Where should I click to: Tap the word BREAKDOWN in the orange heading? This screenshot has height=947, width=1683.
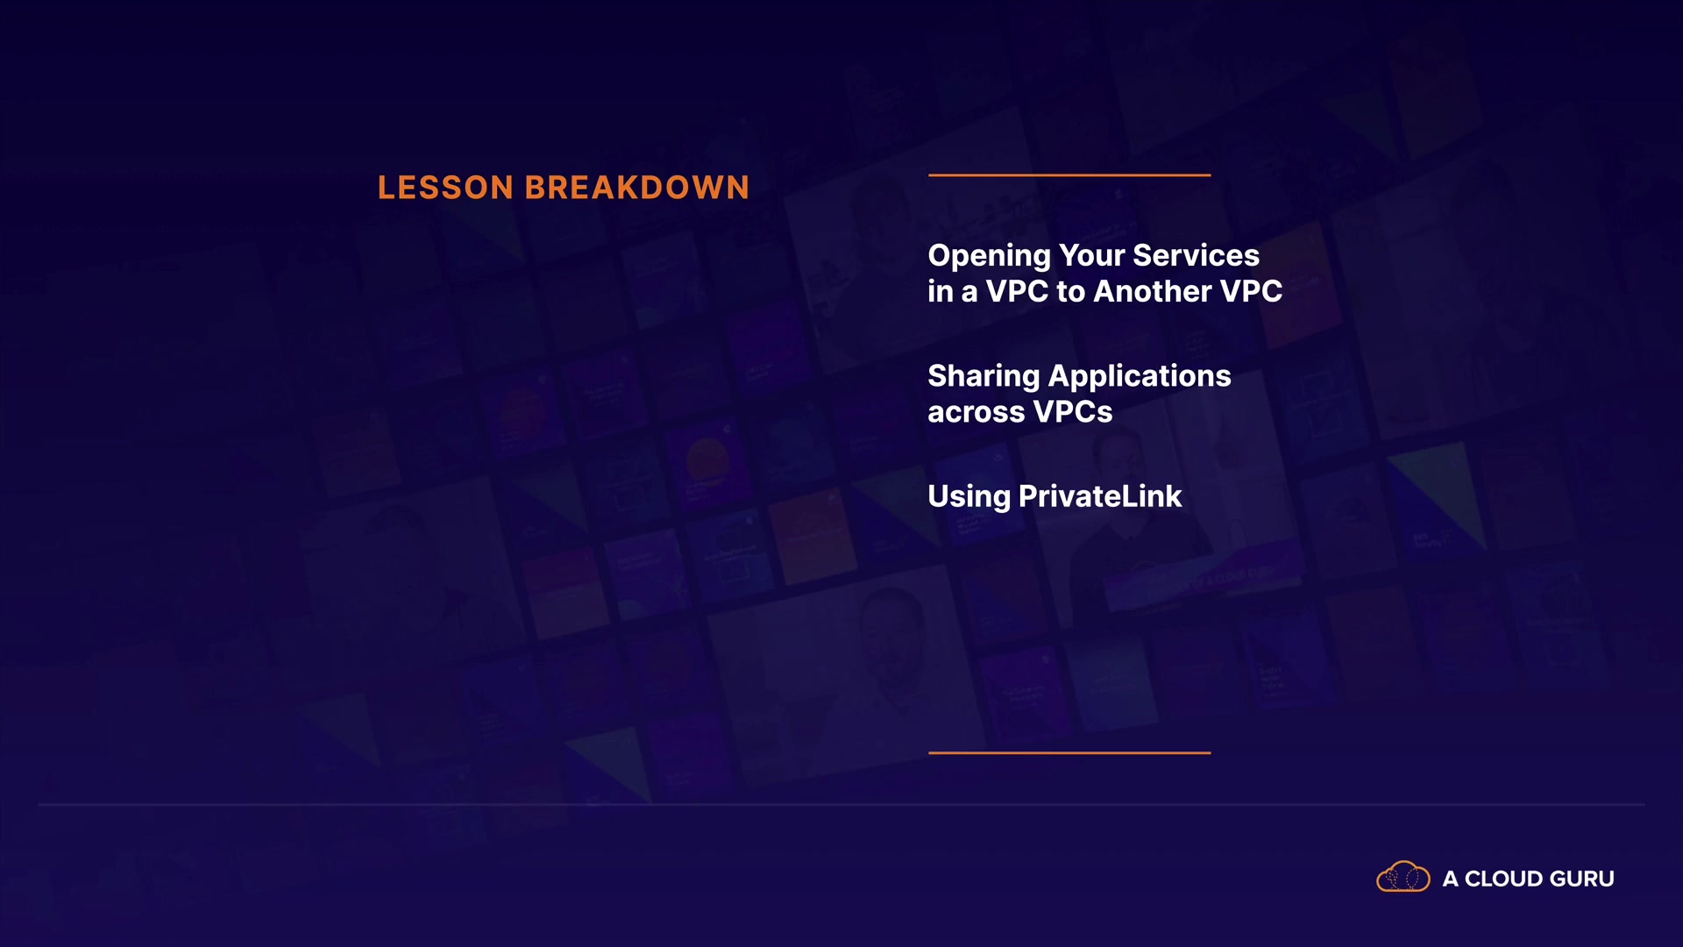click(x=637, y=188)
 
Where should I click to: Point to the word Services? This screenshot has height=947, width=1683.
click(x=1197, y=255)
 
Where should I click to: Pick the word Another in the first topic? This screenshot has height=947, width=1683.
click(x=1153, y=291)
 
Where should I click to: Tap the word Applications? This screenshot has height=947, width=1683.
click(x=1140, y=377)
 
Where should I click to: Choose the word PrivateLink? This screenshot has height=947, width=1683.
click(x=1100, y=496)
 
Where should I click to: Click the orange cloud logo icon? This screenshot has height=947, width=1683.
click(x=1403, y=877)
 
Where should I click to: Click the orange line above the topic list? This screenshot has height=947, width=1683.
click(x=1069, y=175)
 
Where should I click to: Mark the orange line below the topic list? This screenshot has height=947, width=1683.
click(x=1069, y=752)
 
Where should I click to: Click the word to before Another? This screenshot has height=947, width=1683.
click(x=1071, y=292)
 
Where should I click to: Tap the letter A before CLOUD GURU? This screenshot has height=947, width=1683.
click(x=1451, y=879)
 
